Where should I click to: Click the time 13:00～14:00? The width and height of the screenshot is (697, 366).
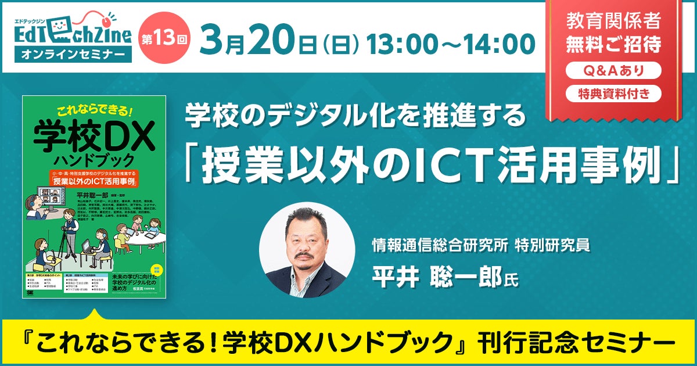tap(450, 42)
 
